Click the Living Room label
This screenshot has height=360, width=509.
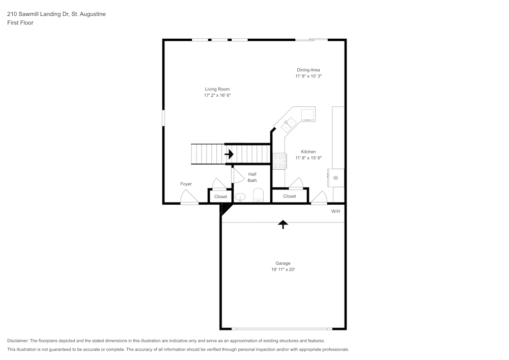[x=217, y=89]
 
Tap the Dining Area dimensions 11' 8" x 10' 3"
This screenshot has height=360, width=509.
[x=308, y=76]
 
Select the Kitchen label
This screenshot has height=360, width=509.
[x=308, y=152]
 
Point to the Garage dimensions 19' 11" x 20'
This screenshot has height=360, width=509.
[x=283, y=269]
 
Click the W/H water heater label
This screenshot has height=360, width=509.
[x=335, y=211]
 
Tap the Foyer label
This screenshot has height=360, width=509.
[x=186, y=184]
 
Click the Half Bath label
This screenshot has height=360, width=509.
[x=252, y=177]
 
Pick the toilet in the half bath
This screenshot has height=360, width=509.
[x=259, y=195]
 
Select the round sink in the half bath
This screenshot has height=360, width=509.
[x=240, y=197]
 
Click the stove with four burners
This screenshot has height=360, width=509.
[x=279, y=161]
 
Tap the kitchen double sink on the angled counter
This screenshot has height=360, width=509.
[x=289, y=125]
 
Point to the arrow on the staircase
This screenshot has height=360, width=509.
[x=229, y=154]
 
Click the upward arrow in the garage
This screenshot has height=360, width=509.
[x=283, y=225]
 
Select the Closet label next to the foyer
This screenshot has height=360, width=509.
[x=221, y=197]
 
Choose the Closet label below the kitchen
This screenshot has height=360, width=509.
[x=290, y=196]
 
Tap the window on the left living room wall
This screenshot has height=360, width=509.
[x=163, y=118]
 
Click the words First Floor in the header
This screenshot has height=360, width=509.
[x=20, y=23]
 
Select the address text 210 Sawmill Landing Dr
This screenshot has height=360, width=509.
[x=38, y=14]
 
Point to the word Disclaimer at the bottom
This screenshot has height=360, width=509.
[x=17, y=341]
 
